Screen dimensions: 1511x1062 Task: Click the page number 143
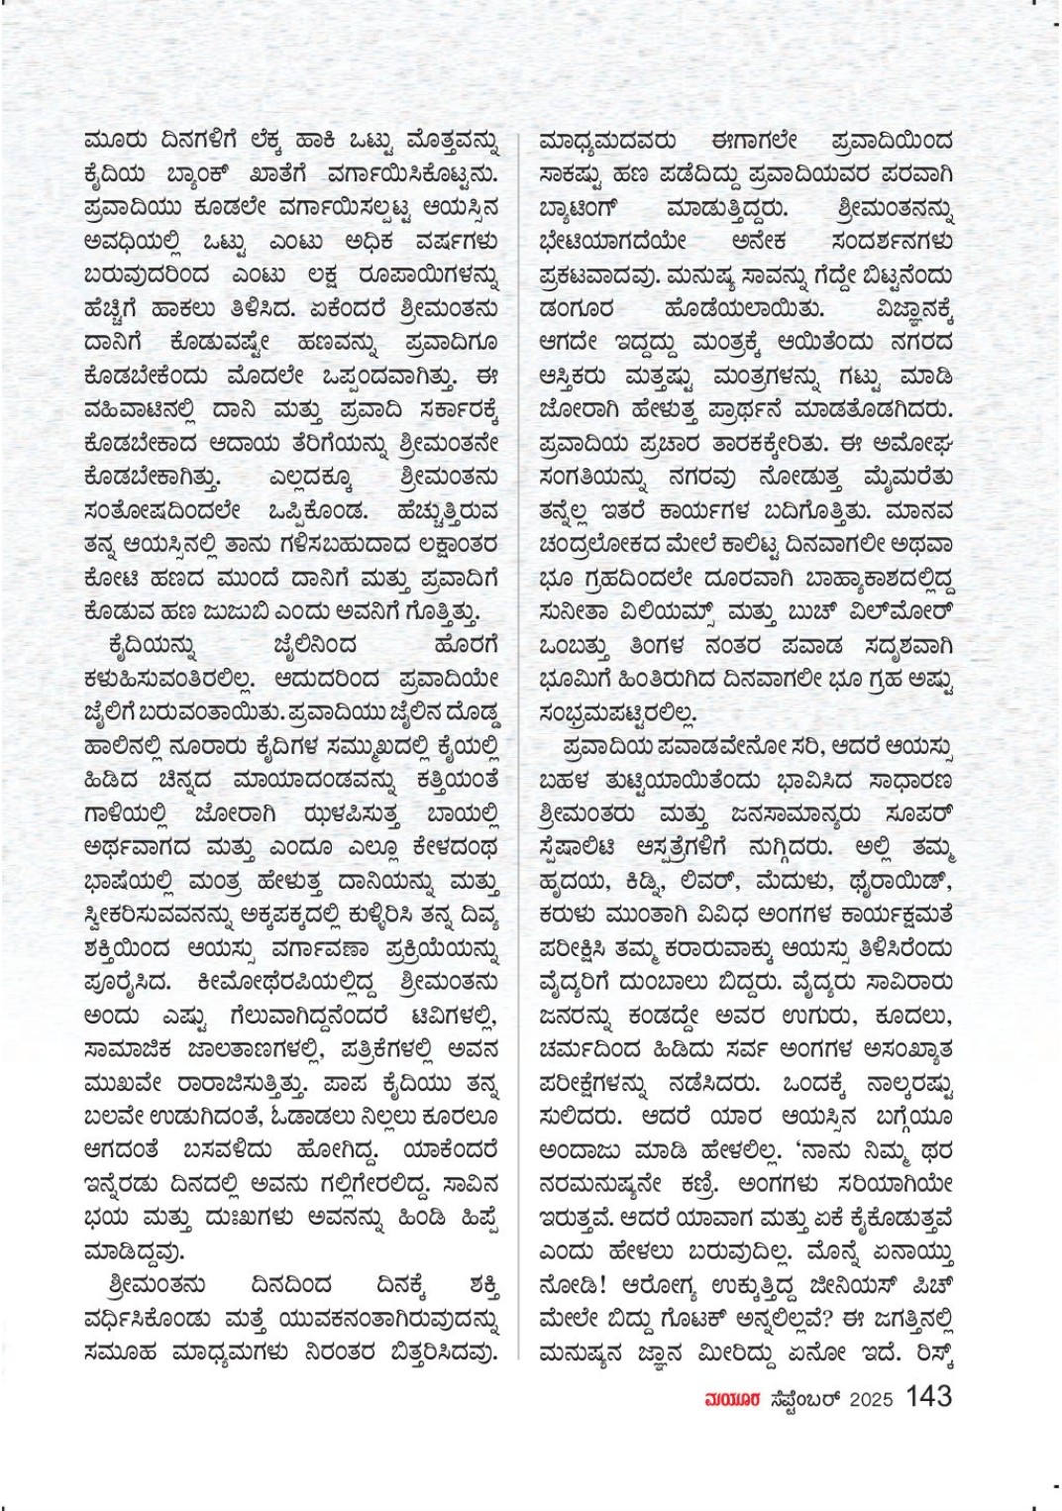coord(928,1397)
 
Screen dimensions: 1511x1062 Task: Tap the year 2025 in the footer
coord(871,1399)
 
